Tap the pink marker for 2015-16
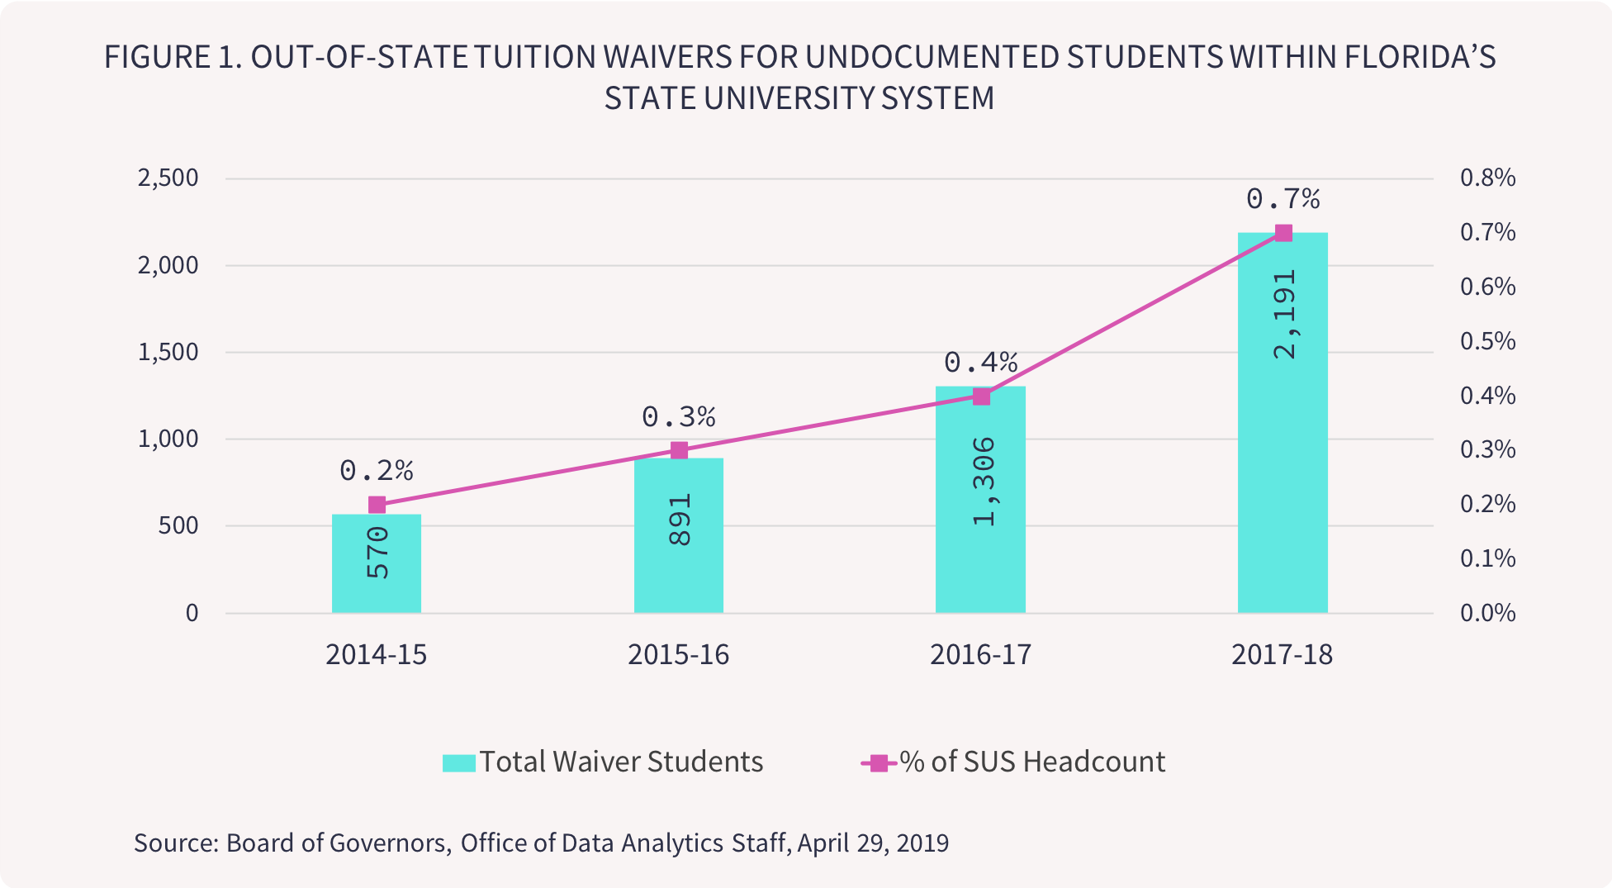click(x=679, y=450)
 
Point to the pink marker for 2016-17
click(x=981, y=397)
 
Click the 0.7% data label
click(x=1282, y=199)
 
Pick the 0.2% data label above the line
click(x=377, y=471)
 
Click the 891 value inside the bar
click(x=679, y=520)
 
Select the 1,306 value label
click(x=983, y=482)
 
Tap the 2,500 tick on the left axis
click(x=168, y=178)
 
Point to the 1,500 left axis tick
click(x=168, y=352)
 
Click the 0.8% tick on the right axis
click(x=1487, y=178)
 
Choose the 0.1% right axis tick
click(x=1487, y=558)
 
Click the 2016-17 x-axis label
click(x=980, y=654)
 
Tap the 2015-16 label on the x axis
click(x=678, y=654)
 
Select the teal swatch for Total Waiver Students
click(x=458, y=762)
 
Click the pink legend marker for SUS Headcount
click(x=879, y=762)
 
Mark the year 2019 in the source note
click(x=922, y=843)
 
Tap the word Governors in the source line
click(x=389, y=843)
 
